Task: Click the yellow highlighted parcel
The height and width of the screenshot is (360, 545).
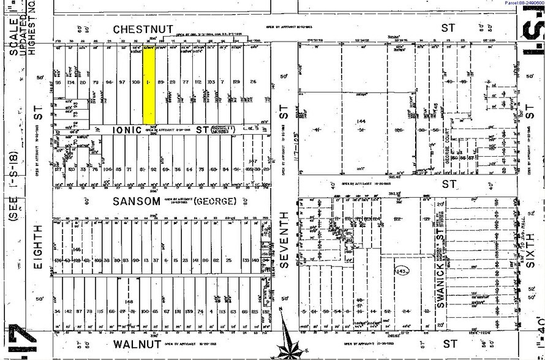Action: [149, 85]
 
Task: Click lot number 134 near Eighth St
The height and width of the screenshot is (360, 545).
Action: [70, 82]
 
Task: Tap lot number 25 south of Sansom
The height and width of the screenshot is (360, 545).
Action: [228, 260]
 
